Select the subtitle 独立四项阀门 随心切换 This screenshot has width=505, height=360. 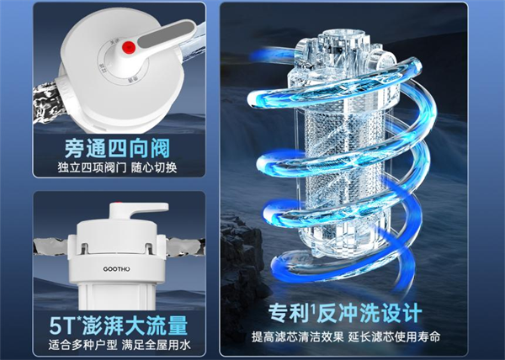click(x=119, y=167)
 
